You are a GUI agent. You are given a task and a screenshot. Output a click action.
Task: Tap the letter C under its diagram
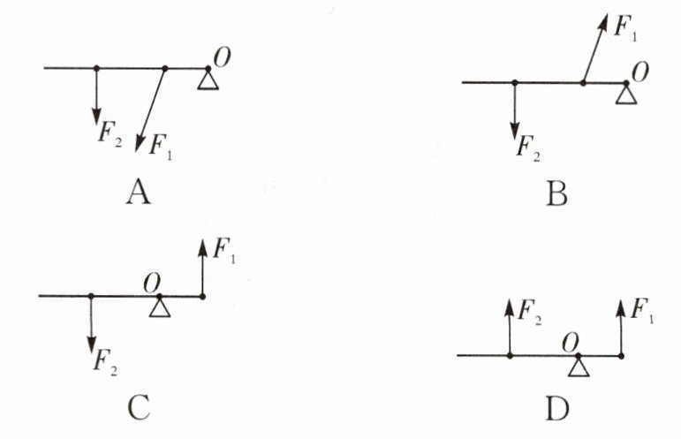click(138, 407)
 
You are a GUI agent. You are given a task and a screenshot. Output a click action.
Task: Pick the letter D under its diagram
click(557, 409)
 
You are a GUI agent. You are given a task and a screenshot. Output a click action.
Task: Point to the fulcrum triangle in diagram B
click(625, 95)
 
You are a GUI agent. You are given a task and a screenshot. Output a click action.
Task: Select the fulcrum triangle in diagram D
click(578, 367)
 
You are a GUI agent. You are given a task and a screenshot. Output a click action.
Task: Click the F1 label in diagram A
click(161, 144)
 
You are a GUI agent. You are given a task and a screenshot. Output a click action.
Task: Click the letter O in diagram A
click(223, 55)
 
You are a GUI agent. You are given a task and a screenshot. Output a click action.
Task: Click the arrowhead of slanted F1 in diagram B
click(603, 20)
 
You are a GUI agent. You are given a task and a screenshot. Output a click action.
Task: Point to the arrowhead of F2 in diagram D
click(511, 306)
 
